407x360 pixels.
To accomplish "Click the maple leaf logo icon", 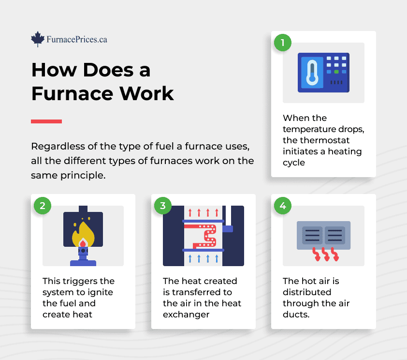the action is pyautogui.click(x=38, y=39).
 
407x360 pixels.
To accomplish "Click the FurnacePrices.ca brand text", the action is pyautogui.click(x=77, y=40).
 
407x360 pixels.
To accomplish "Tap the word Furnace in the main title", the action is pyautogui.click(x=73, y=93).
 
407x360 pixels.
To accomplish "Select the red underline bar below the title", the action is pyautogui.click(x=46, y=121).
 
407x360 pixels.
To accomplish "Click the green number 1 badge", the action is pyautogui.click(x=283, y=43).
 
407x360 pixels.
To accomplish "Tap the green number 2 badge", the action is pyautogui.click(x=43, y=206).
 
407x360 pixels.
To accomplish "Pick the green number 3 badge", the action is pyautogui.click(x=163, y=206).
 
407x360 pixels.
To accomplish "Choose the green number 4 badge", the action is pyautogui.click(x=283, y=206).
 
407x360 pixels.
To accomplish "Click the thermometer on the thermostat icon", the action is pyautogui.click(x=312, y=73).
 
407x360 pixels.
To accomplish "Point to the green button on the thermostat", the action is pyautogui.click(x=336, y=72).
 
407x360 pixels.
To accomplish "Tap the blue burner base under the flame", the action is pyautogui.click(x=83, y=260).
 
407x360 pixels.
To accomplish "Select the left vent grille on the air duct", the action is pyautogui.click(x=312, y=235).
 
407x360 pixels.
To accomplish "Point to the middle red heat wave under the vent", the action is pyautogui.click(x=325, y=254).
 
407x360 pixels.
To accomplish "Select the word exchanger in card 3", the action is pyautogui.click(x=186, y=315).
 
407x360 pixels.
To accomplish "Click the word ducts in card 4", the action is pyautogui.click(x=295, y=315).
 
